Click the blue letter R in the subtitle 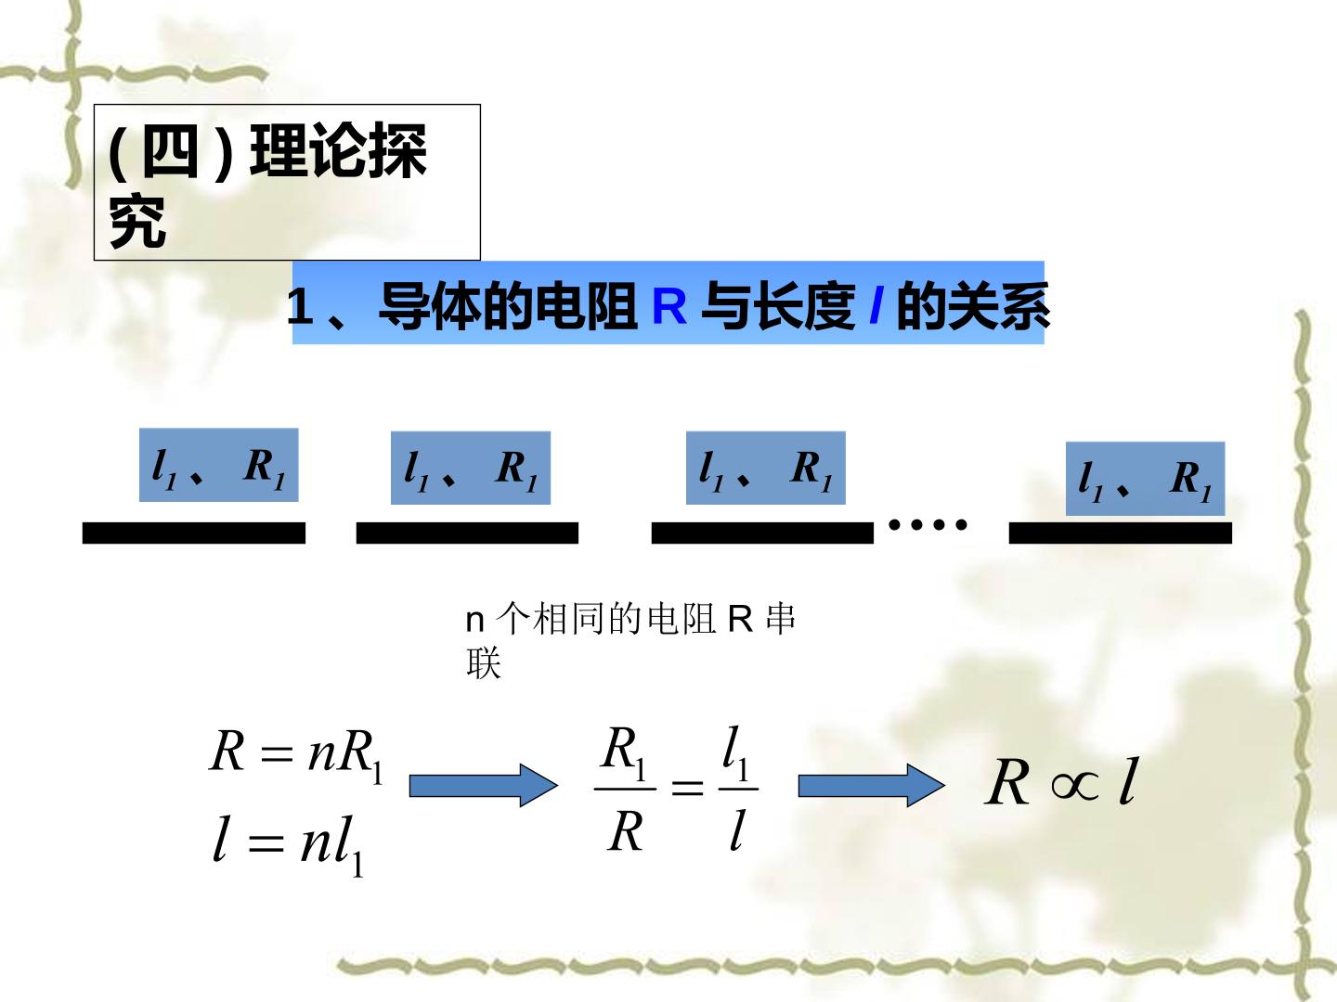(x=668, y=306)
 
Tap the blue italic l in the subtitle (x=876, y=305)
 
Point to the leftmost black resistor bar (x=194, y=533)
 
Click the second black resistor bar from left (x=467, y=533)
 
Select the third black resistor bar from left (x=762, y=533)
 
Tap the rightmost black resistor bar (x=1120, y=533)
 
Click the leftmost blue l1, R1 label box (x=219, y=465)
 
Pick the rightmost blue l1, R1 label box (x=1145, y=478)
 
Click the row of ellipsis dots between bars (x=928, y=524)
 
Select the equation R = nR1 (x=296, y=754)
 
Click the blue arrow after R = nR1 (x=484, y=786)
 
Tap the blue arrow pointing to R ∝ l (x=872, y=786)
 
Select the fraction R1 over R (x=625, y=789)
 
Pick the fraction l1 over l (x=738, y=789)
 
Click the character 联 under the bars (x=484, y=663)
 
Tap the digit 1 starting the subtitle (x=300, y=306)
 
